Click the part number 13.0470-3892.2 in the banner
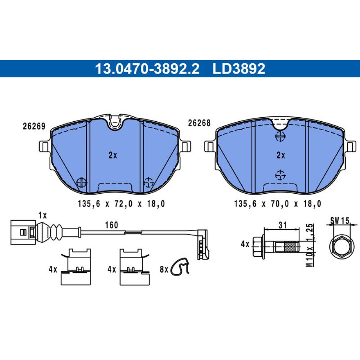point(147,69)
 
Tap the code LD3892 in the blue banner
point(239,69)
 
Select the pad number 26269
point(34,126)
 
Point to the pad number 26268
point(199,123)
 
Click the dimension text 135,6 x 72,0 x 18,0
point(121,204)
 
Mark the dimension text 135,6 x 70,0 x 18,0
point(278,204)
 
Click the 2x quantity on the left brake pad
point(113,156)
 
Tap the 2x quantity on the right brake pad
point(281,156)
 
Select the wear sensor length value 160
point(112,225)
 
